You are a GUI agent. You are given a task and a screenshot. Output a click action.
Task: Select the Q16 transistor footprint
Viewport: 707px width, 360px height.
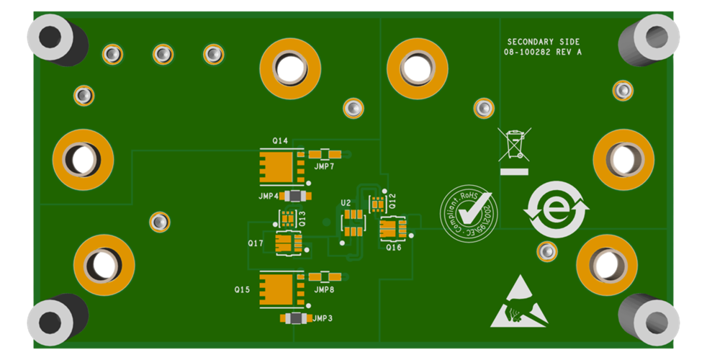(x=392, y=228)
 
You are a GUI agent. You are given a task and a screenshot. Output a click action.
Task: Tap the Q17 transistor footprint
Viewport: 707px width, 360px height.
(x=289, y=243)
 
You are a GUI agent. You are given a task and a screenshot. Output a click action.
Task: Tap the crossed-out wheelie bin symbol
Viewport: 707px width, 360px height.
(x=513, y=145)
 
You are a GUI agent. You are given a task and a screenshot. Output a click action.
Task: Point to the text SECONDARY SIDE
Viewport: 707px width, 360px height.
(x=543, y=42)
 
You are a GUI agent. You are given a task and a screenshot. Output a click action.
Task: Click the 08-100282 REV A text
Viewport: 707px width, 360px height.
(x=543, y=53)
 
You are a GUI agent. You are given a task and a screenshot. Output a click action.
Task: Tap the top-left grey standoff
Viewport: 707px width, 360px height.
(x=53, y=37)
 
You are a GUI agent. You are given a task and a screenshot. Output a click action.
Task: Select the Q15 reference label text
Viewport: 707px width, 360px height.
(x=242, y=289)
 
